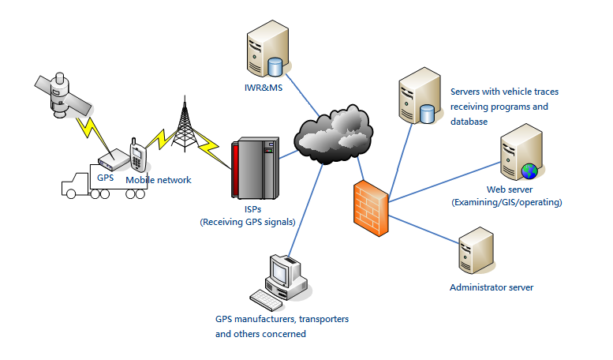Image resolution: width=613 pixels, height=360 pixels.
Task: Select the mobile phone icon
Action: pyautogui.click(x=138, y=156)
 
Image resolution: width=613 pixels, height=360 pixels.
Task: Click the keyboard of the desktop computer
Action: pyautogui.click(x=267, y=299)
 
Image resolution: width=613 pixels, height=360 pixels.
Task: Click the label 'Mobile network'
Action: pyautogui.click(x=159, y=180)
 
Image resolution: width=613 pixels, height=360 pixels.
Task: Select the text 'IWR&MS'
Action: pyautogui.click(x=263, y=87)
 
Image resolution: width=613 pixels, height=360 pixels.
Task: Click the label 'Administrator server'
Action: pyautogui.click(x=491, y=287)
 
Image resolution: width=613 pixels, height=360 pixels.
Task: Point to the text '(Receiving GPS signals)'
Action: pyautogui.click(x=248, y=222)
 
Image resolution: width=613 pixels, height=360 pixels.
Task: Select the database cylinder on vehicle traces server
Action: pyautogui.click(x=427, y=114)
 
